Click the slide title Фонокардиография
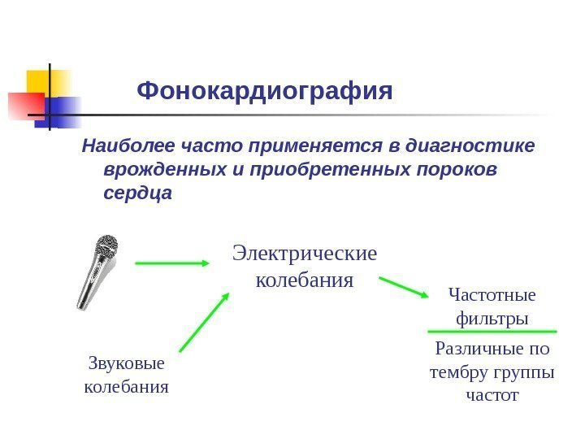tap(265, 90)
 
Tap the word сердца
tap(138, 195)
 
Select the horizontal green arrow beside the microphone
tap(172, 263)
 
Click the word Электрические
tap(305, 254)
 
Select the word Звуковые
tap(125, 363)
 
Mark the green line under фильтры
tap(492, 332)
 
